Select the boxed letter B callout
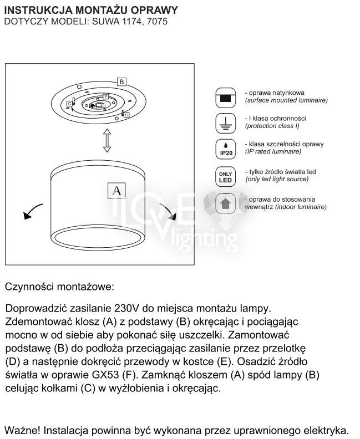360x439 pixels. [121, 81]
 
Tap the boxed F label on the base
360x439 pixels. [105, 96]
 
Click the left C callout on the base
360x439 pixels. [68, 104]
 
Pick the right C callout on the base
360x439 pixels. [127, 114]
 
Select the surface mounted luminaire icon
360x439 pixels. [225, 97]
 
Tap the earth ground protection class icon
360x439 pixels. [225, 122]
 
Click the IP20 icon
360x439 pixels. [225, 149]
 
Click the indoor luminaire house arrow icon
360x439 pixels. [225, 203]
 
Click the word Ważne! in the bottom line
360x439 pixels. [22, 430]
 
